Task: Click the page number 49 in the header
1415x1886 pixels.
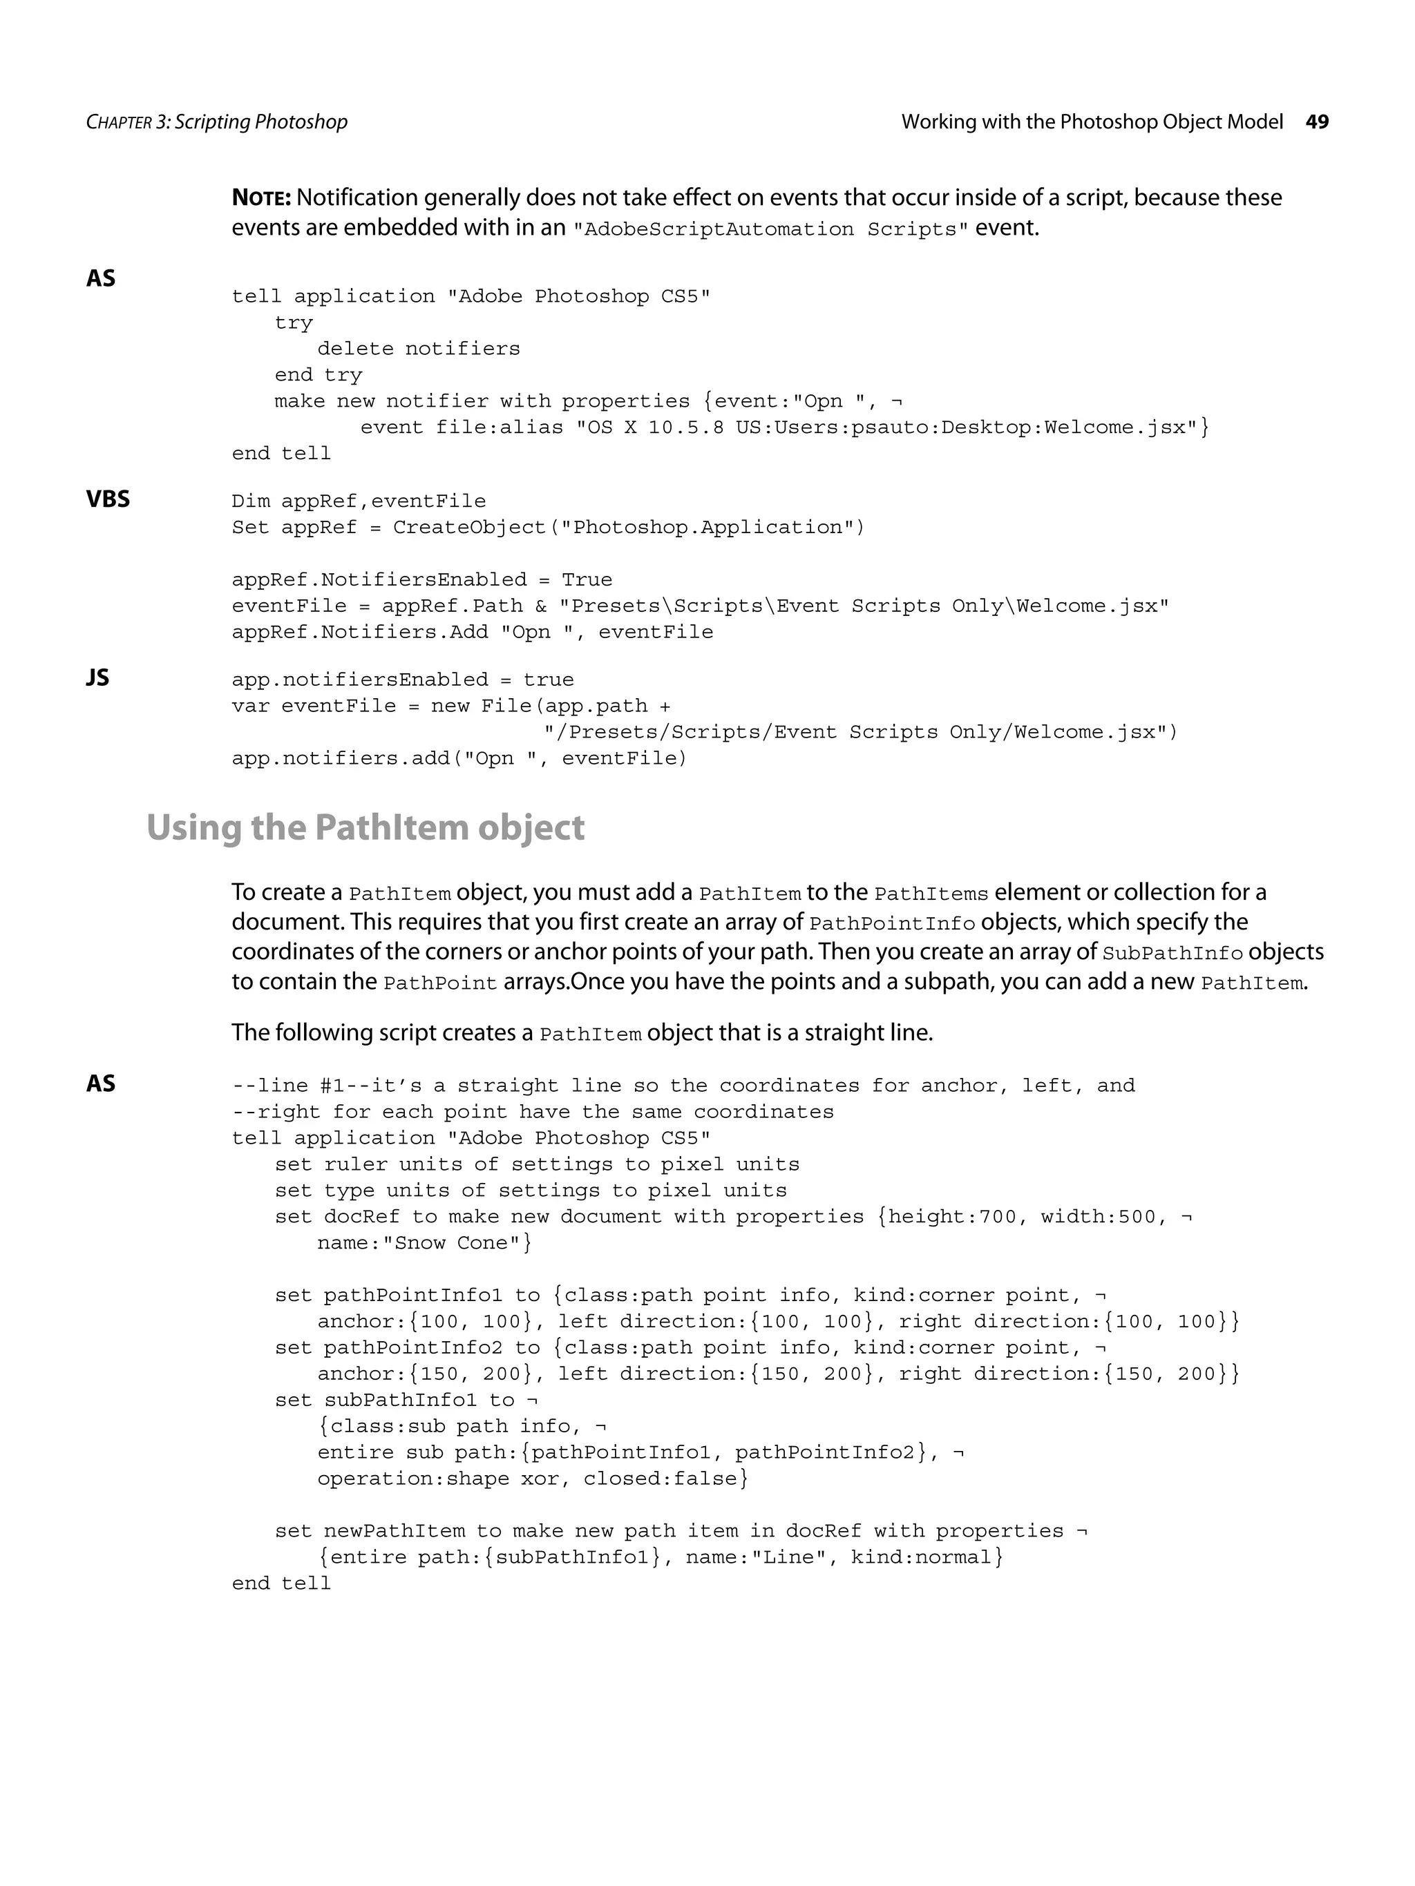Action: (x=1316, y=122)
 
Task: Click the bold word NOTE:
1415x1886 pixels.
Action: (x=261, y=198)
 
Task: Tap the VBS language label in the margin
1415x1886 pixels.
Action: (x=108, y=499)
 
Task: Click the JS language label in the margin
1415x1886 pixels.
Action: (x=97, y=678)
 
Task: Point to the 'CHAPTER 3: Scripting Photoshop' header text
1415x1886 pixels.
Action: (x=217, y=122)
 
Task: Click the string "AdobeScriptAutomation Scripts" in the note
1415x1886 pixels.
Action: (x=770, y=229)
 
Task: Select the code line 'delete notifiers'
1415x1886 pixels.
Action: (x=418, y=349)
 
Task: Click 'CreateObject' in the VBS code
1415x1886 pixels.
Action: (x=468, y=528)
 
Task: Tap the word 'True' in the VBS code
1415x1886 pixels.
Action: (x=586, y=580)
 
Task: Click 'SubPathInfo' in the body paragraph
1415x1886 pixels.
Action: (x=1172, y=953)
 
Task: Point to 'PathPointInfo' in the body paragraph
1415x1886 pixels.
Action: (x=891, y=923)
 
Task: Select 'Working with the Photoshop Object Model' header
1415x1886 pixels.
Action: (x=1092, y=122)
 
